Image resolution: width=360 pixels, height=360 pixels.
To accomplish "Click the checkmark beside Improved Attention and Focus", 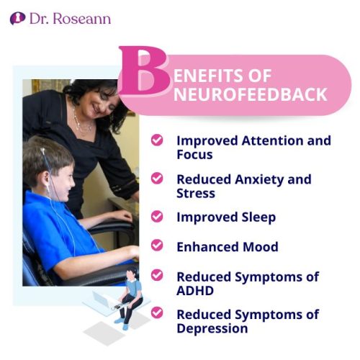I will click(x=156, y=140).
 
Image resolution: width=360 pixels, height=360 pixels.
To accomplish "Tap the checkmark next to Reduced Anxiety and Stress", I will click(x=156, y=178).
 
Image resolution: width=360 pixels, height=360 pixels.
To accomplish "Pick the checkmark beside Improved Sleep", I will click(x=156, y=215).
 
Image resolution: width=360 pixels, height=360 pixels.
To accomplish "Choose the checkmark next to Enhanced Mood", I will click(x=156, y=246).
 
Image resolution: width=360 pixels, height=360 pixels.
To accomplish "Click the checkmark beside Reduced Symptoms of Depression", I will click(x=156, y=313).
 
